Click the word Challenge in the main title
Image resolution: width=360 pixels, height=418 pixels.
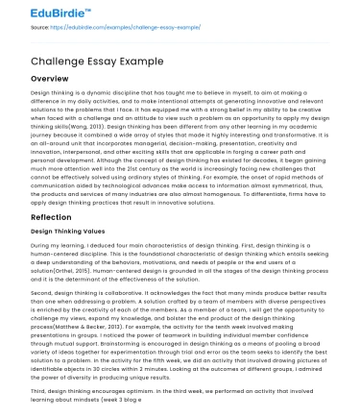point(60,58)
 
